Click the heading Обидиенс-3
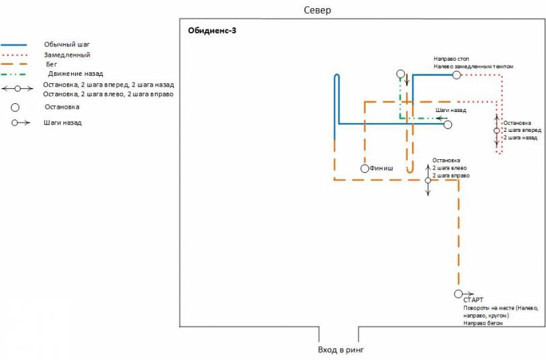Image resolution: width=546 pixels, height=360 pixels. pyautogui.click(x=212, y=31)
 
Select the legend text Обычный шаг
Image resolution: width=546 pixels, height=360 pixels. pyautogui.click(x=67, y=44)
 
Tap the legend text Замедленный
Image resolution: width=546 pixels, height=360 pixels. pyautogui.click(x=67, y=54)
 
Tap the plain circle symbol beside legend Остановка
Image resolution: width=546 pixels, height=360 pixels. pyautogui.click(x=15, y=107)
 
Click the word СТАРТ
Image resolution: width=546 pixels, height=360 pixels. pyautogui.click(x=473, y=300)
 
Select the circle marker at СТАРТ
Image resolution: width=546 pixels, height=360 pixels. pyautogui.click(x=457, y=294)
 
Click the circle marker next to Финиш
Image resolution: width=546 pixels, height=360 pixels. pyautogui.click(x=365, y=169)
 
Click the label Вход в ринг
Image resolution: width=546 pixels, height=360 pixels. pyautogui.click(x=337, y=350)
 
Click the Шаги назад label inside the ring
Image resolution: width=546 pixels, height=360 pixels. pyautogui.click(x=450, y=109)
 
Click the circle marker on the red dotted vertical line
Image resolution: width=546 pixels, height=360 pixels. pyautogui.click(x=497, y=130)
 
